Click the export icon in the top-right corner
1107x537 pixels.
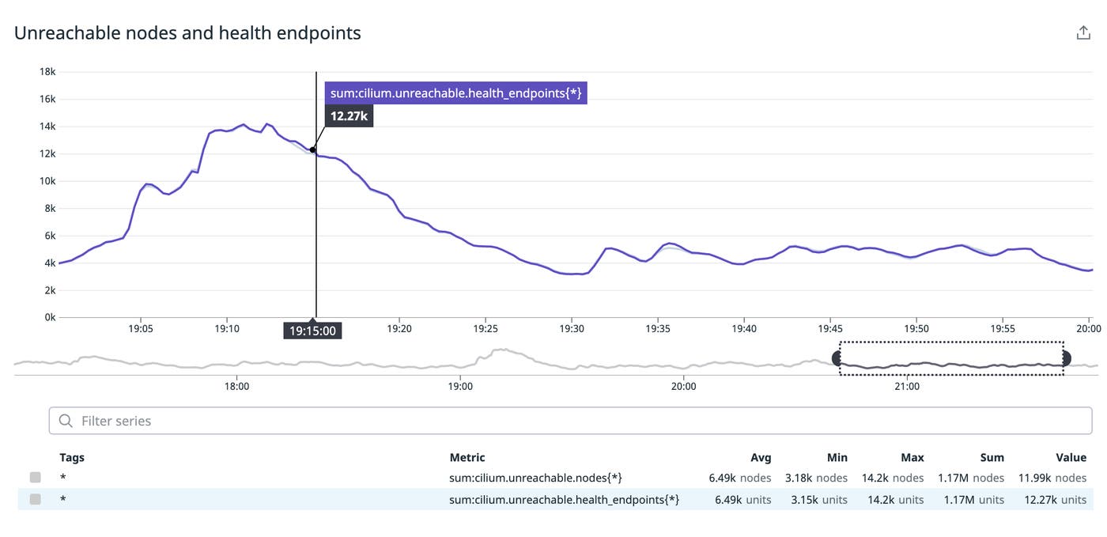click(x=1083, y=32)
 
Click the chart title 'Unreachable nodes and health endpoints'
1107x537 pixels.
click(x=187, y=33)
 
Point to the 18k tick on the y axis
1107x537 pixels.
click(x=47, y=72)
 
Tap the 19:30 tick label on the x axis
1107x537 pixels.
click(x=572, y=328)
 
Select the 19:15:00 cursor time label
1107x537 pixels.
click(x=312, y=331)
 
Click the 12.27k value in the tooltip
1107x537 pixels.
click(x=349, y=117)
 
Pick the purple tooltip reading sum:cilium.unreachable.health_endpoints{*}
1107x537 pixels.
click(x=455, y=93)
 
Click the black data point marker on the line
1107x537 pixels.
click(x=313, y=149)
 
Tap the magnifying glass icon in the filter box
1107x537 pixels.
click(x=66, y=421)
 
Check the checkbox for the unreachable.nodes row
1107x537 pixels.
click(x=35, y=478)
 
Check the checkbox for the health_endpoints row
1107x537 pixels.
click(x=35, y=499)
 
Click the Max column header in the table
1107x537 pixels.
click(x=912, y=457)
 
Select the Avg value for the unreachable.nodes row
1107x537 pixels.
click(x=739, y=478)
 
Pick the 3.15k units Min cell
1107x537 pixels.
click(x=818, y=499)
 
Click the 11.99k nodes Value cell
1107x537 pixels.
click(x=1053, y=478)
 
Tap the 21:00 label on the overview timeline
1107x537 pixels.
click(x=907, y=387)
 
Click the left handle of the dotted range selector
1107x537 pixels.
click(x=838, y=358)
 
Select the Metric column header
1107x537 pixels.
click(x=467, y=457)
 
